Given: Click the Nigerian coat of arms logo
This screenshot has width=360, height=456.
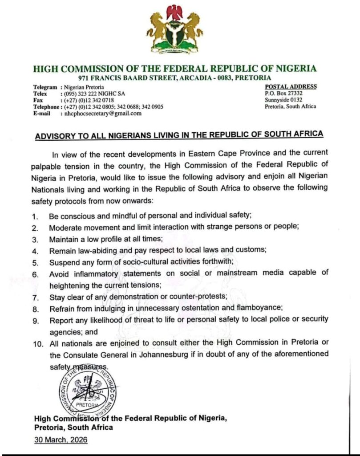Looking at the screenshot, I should (x=174, y=29).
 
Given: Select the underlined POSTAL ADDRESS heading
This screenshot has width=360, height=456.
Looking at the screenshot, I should (x=291, y=86).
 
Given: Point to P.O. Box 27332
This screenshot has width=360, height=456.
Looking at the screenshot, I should (x=283, y=93).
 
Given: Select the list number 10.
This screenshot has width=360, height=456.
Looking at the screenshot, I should (x=39, y=342).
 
